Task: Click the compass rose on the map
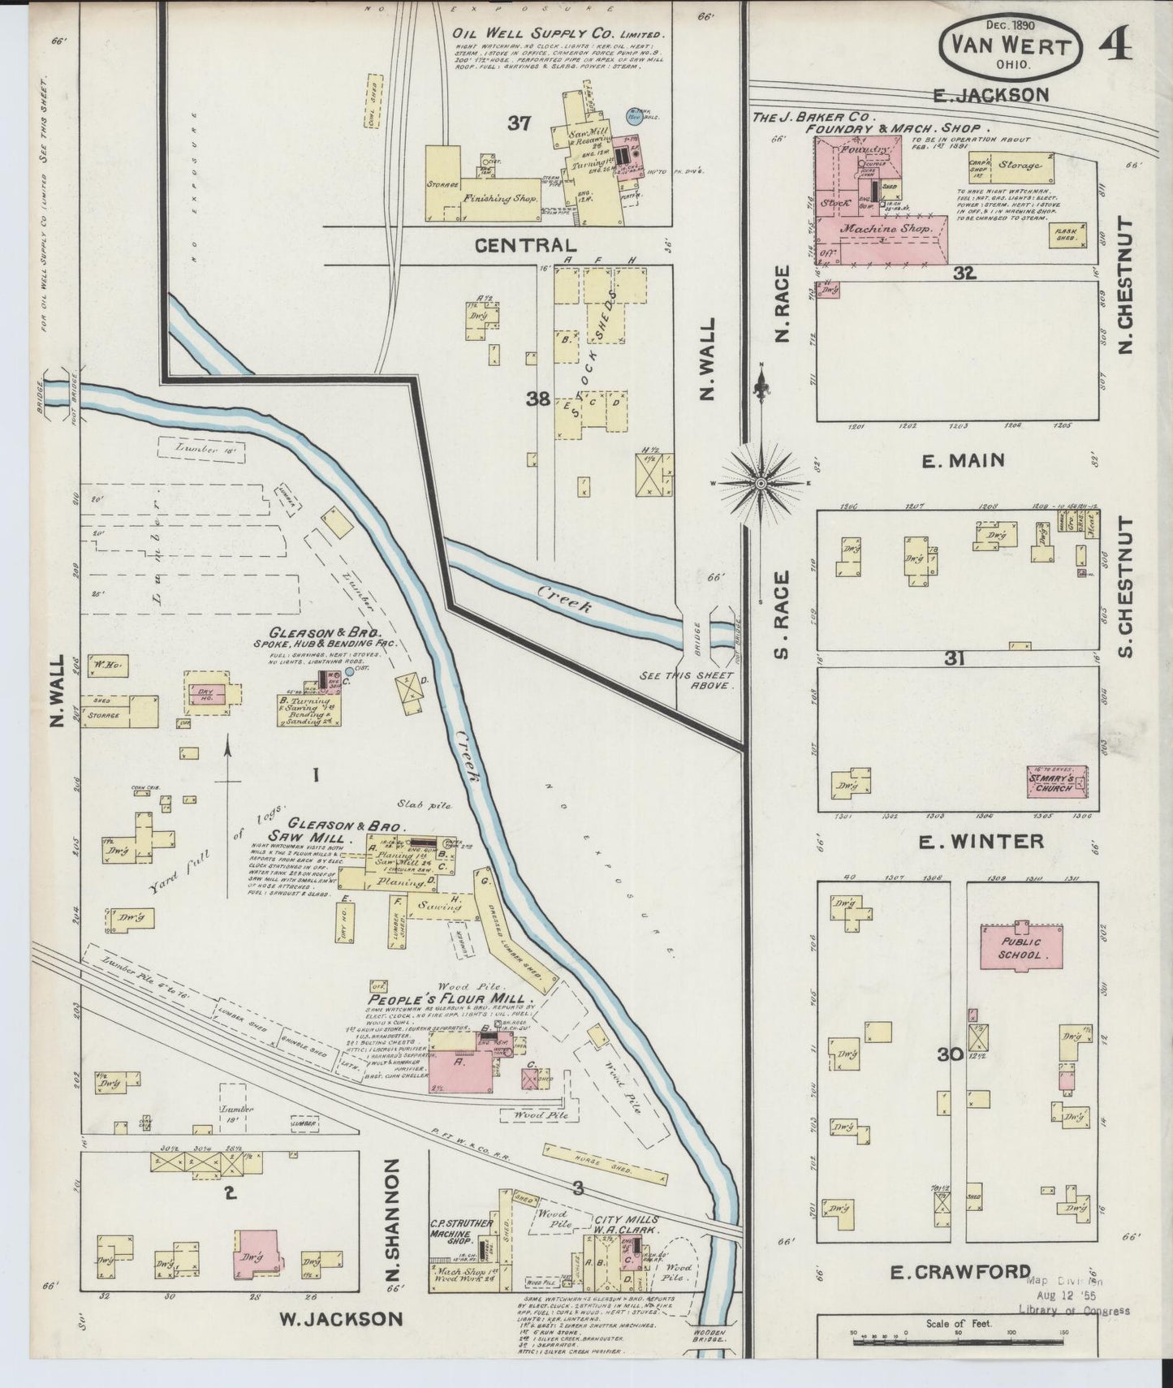click(x=761, y=482)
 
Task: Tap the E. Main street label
click(x=964, y=460)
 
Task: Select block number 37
click(x=519, y=123)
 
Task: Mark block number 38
click(x=537, y=399)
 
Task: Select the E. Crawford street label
click(x=960, y=1272)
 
